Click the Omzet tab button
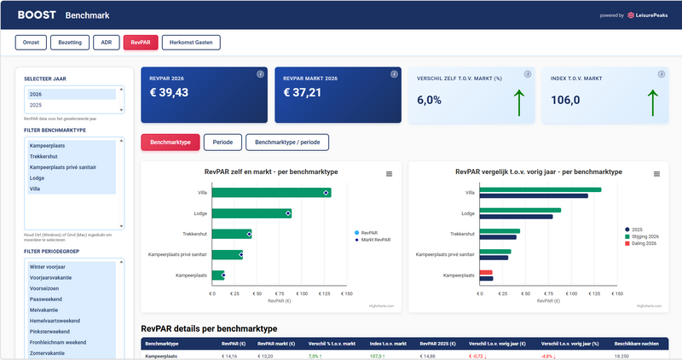point(30,43)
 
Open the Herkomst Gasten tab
point(191,43)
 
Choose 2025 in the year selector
point(36,105)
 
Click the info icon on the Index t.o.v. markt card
point(662,75)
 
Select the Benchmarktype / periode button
point(286,142)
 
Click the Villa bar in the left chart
point(269,193)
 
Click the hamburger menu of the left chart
point(390,173)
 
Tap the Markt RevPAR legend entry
point(374,240)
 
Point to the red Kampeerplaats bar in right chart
point(487,274)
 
